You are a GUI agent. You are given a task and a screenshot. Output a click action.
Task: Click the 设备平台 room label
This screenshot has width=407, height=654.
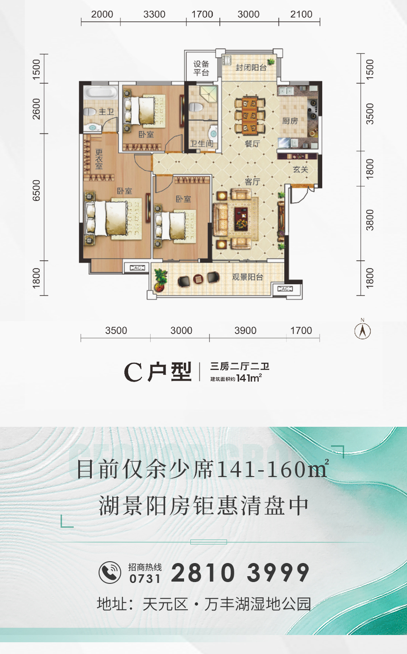pyautogui.click(x=201, y=68)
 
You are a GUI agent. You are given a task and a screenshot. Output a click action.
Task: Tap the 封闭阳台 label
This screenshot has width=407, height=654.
pyautogui.click(x=251, y=67)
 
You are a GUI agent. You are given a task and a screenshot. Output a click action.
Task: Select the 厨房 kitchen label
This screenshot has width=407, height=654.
pyautogui.click(x=290, y=121)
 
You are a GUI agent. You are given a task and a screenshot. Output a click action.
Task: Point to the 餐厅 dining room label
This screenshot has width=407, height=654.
pyautogui.click(x=252, y=143)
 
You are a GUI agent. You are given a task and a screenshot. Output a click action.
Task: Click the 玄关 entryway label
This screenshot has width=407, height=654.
pyautogui.click(x=301, y=169)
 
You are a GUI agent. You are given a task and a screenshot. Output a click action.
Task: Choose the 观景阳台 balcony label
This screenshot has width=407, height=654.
pyautogui.click(x=248, y=277)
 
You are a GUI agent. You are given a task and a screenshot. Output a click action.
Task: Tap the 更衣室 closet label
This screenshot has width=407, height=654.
pyautogui.click(x=99, y=159)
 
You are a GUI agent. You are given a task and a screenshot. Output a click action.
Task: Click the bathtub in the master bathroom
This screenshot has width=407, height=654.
pyautogui.click(x=100, y=92)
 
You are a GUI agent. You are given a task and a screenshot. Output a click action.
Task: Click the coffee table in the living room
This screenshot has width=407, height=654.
pyautogui.click(x=241, y=219)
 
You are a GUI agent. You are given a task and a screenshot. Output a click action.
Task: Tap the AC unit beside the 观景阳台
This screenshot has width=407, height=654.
pyautogui.click(x=285, y=289)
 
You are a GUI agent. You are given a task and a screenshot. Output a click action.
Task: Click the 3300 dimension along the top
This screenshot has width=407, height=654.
pyautogui.click(x=154, y=14)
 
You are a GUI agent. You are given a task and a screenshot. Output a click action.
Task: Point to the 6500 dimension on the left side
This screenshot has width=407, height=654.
pyautogui.click(x=36, y=191)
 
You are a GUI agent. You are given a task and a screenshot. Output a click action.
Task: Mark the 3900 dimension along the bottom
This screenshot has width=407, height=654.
pyautogui.click(x=246, y=330)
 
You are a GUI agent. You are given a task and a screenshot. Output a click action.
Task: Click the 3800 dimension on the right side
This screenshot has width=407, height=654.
pyautogui.click(x=369, y=220)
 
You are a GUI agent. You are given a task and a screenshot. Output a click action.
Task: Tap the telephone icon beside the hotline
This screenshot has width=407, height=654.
pyautogui.click(x=110, y=573)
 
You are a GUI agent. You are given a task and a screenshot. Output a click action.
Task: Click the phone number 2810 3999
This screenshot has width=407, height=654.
pyautogui.click(x=240, y=573)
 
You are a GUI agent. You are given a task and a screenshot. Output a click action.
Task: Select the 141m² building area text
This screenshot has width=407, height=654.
pyautogui.click(x=249, y=378)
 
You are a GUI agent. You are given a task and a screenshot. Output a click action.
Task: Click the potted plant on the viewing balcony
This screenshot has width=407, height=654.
pyautogui.click(x=161, y=280)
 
